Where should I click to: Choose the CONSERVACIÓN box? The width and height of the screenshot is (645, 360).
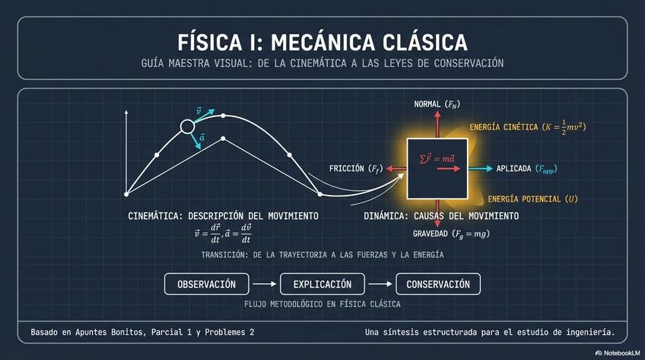point(438,285)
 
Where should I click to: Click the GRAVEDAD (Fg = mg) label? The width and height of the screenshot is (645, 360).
point(451,233)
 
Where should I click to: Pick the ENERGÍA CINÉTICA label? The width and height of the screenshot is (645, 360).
point(532,126)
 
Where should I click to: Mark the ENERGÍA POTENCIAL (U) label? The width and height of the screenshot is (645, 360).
point(532,199)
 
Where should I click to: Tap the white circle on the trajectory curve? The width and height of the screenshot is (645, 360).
point(187,126)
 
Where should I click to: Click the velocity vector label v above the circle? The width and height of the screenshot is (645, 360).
point(199,111)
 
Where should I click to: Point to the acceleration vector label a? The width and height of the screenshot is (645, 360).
point(202,138)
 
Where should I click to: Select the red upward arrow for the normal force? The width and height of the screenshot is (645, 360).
point(437,124)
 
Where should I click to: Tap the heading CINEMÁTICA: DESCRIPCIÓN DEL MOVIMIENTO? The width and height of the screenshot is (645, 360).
point(223,216)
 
